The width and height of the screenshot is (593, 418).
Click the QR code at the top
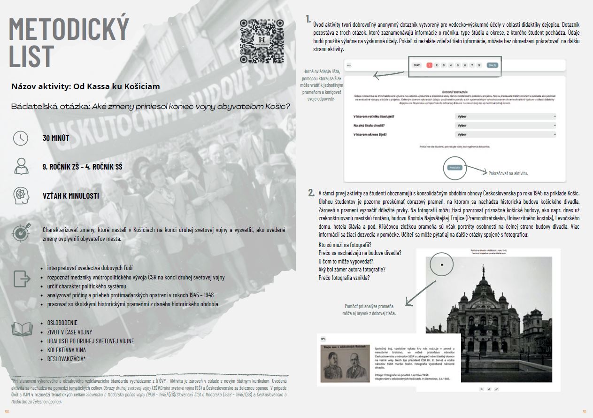(x=262, y=41)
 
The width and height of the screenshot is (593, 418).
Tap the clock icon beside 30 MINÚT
(x=21, y=138)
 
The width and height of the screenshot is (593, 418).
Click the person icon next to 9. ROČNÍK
(x=21, y=166)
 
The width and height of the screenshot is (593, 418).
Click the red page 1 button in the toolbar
(x=429, y=65)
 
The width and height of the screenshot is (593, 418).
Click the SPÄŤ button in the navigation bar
(x=416, y=65)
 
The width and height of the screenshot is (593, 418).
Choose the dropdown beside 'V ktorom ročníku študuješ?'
(x=505, y=116)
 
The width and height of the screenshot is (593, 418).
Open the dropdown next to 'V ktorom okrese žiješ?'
(x=505, y=134)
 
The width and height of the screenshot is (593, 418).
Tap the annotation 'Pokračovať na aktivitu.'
(x=508, y=173)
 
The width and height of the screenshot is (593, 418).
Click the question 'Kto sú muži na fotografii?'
(x=345, y=245)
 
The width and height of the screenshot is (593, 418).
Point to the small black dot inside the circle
(x=442, y=265)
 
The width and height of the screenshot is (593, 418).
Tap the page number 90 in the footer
(x=7, y=412)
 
